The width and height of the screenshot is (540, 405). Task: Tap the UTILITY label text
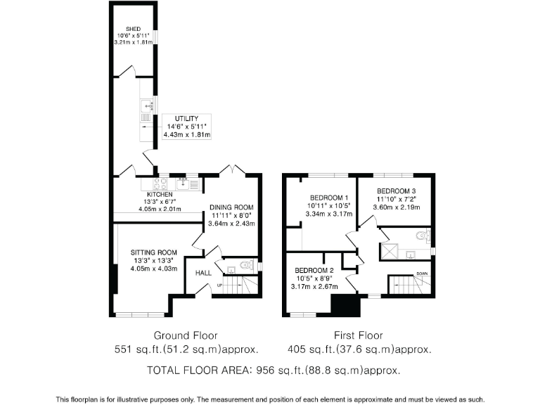click(187, 118)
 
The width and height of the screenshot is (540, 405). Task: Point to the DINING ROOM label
click(231, 207)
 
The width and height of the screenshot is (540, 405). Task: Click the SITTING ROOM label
click(153, 252)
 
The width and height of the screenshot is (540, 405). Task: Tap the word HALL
click(203, 273)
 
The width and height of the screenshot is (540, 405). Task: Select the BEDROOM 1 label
click(327, 197)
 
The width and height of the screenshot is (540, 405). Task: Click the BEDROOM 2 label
click(314, 271)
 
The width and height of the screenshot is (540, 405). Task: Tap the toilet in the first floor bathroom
click(423, 235)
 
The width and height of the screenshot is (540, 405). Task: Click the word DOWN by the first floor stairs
click(422, 274)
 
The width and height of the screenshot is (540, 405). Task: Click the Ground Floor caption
click(186, 335)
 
